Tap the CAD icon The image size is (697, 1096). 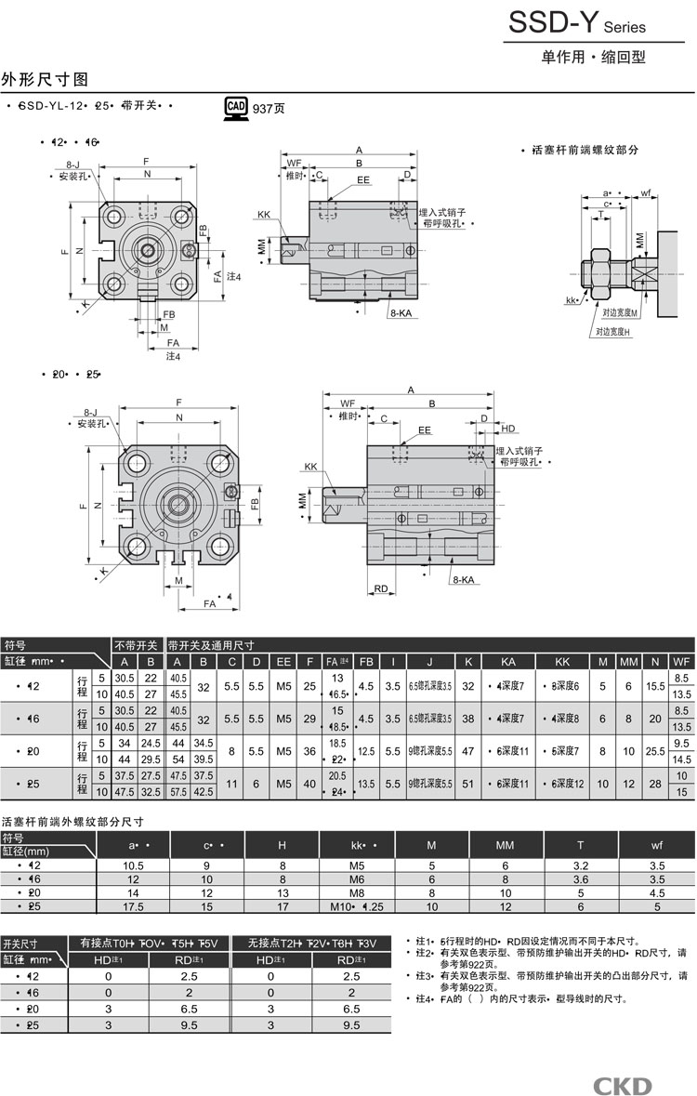coord(236,108)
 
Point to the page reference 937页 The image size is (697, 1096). coord(269,109)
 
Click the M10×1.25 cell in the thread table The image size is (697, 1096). coord(357,906)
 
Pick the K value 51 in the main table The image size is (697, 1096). coord(468,784)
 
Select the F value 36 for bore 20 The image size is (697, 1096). coord(309,751)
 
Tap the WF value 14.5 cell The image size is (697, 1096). coord(681,759)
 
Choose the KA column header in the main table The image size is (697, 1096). coord(508,661)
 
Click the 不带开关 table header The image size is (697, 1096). coord(138,644)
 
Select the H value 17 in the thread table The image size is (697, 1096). coord(283,906)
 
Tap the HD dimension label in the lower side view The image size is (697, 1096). coord(508,429)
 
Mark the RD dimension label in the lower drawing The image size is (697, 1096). coord(381,588)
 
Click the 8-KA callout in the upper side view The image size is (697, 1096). coord(401,313)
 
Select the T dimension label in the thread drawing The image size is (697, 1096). coord(601,214)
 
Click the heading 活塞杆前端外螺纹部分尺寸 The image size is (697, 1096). coord(72,822)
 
